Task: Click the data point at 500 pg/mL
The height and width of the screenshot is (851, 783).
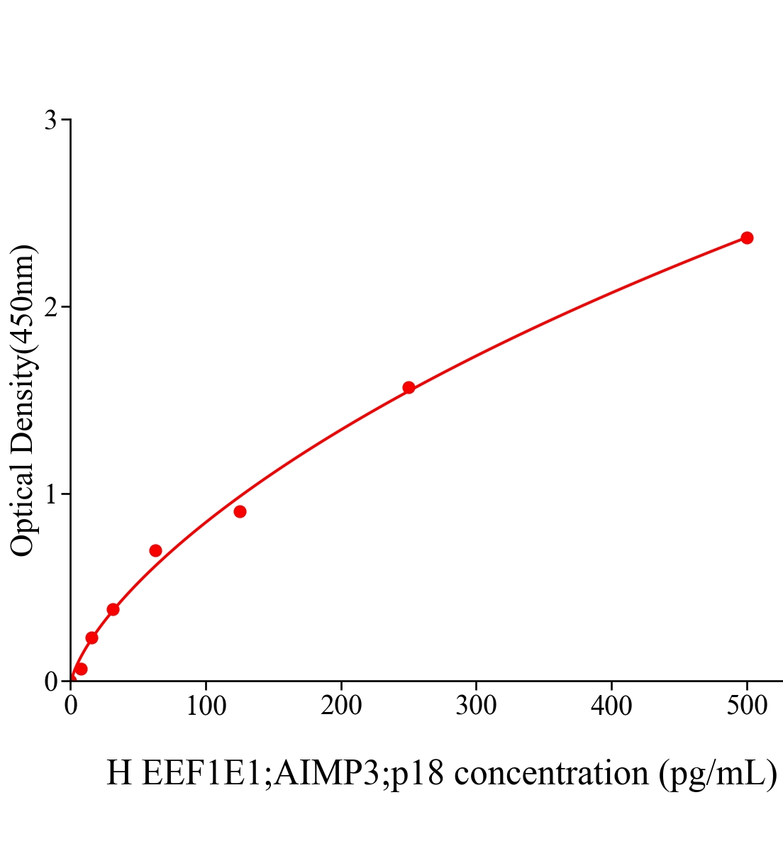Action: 747,238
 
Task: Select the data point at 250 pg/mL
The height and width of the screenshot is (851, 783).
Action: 409,387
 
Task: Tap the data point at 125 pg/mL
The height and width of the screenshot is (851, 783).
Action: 240,511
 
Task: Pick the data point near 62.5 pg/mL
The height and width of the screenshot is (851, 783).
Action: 155,550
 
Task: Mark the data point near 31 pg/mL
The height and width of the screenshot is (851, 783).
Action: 113,609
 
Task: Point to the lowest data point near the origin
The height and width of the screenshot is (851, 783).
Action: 81,669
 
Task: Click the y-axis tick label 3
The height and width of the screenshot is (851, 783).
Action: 50,121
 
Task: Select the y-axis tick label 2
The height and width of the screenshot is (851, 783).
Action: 50,307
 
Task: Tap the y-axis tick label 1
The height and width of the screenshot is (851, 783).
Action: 50,494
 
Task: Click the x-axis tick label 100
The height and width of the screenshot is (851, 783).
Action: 206,706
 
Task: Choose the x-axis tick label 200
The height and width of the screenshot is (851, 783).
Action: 341,706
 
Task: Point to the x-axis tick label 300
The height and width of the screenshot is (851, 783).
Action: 476,706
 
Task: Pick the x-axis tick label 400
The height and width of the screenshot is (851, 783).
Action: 611,706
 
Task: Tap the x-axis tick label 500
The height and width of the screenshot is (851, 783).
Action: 747,706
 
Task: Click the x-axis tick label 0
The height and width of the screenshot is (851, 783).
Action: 71,706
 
